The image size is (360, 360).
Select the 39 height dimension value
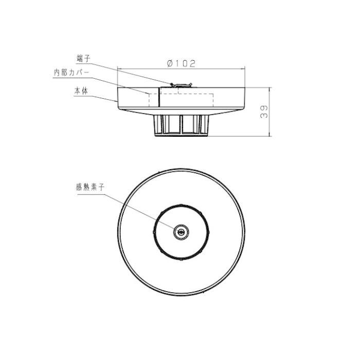263,112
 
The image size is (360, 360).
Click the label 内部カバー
71,73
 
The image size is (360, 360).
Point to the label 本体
80,91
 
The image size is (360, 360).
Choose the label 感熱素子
90,188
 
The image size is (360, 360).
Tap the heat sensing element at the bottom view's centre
181,232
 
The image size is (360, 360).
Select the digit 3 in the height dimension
263,115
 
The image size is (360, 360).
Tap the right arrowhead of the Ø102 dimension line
245,68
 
